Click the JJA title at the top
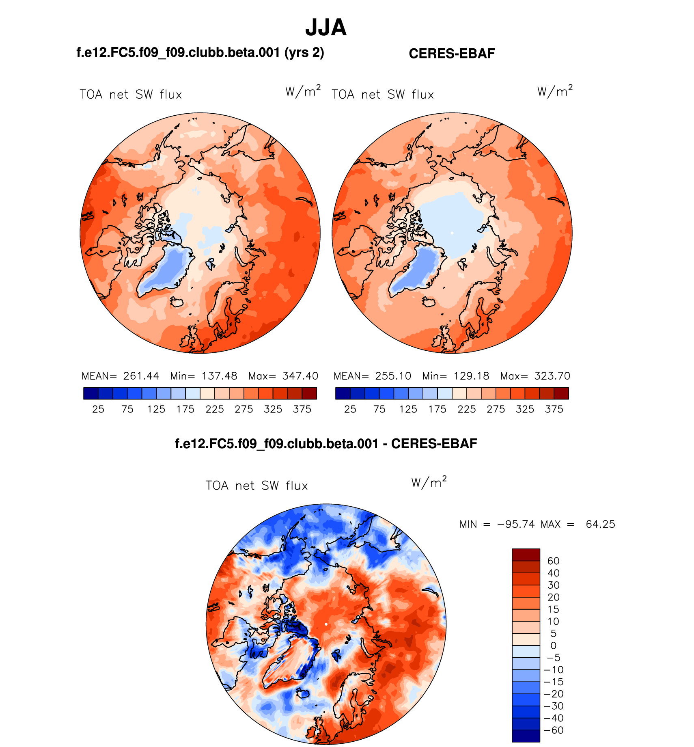[326, 28]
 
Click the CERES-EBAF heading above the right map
[452, 54]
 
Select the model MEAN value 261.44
[141, 376]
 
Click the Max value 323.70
[552, 376]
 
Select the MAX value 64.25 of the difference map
[600, 524]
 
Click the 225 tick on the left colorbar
[215, 409]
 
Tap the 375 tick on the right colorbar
[554, 409]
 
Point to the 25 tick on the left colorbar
[98, 409]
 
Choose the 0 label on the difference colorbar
[553, 646]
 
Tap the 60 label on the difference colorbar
[553, 561]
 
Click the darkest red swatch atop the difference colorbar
[526, 555]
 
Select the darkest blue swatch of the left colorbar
[91, 393]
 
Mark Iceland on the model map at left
[177, 302]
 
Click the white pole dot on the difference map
[326, 624]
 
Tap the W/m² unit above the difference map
[429, 482]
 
